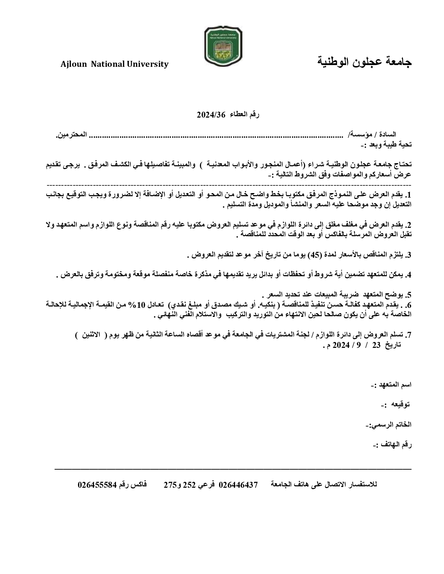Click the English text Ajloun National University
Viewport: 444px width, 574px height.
tap(115, 64)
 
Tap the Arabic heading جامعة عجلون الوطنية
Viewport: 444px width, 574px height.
tap(365, 62)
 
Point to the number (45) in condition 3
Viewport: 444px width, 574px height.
tap(315, 255)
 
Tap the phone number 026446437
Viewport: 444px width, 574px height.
tap(238, 485)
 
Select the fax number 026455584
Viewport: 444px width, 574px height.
tap(97, 485)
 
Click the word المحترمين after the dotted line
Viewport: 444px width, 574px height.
tap(71, 135)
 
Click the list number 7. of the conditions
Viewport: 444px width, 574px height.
tap(409, 335)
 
